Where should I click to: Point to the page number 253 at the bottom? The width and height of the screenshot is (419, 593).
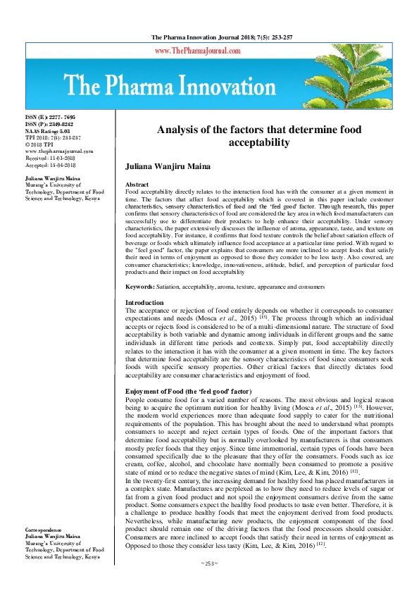point(210,584)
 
